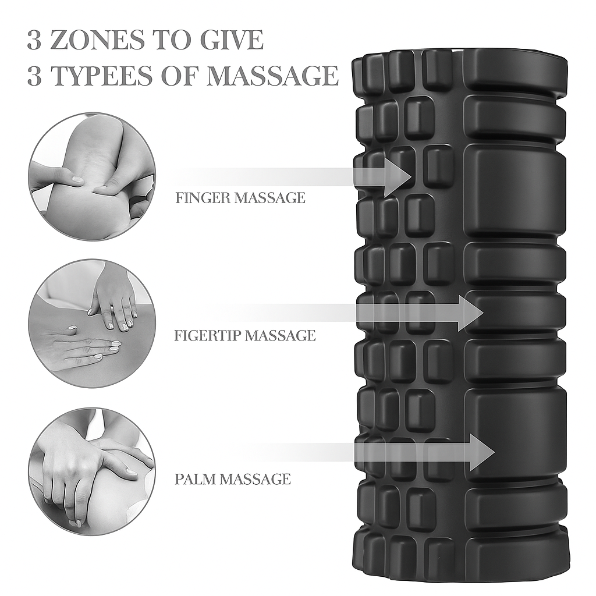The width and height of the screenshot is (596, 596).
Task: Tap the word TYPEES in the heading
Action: [110, 76]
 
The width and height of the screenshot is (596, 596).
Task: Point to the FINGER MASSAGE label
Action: [240, 198]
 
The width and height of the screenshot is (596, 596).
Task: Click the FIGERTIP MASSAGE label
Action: [244, 335]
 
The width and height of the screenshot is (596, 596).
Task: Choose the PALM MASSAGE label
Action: [233, 479]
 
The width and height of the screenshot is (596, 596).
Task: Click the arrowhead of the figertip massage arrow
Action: [470, 313]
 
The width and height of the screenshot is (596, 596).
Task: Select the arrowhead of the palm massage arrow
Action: [483, 452]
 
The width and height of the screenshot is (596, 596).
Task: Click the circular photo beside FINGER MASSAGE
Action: [91, 176]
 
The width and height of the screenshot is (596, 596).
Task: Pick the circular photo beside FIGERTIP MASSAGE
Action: [91, 324]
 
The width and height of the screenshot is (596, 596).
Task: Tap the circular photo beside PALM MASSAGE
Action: [91, 471]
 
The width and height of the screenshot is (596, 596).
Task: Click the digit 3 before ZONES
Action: [34, 40]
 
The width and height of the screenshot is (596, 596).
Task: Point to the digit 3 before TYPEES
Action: [34, 76]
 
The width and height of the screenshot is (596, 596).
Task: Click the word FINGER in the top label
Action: [203, 198]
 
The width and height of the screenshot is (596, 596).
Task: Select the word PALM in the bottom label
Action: [195, 479]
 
